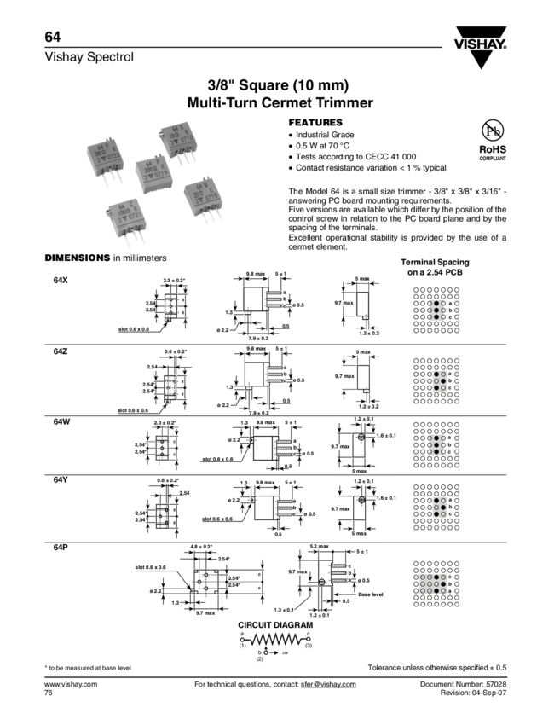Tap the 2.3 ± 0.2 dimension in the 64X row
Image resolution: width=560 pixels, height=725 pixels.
click(x=176, y=280)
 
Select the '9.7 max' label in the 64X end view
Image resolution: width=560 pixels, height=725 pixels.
click(x=344, y=302)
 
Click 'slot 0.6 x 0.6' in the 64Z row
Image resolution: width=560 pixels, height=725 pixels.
click(x=139, y=410)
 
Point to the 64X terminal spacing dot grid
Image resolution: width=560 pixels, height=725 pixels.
click(x=436, y=310)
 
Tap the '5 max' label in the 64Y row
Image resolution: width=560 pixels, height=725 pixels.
click(x=359, y=534)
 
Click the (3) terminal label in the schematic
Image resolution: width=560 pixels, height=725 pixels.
click(x=309, y=646)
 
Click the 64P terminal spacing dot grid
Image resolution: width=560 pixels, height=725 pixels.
click(x=436, y=584)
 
